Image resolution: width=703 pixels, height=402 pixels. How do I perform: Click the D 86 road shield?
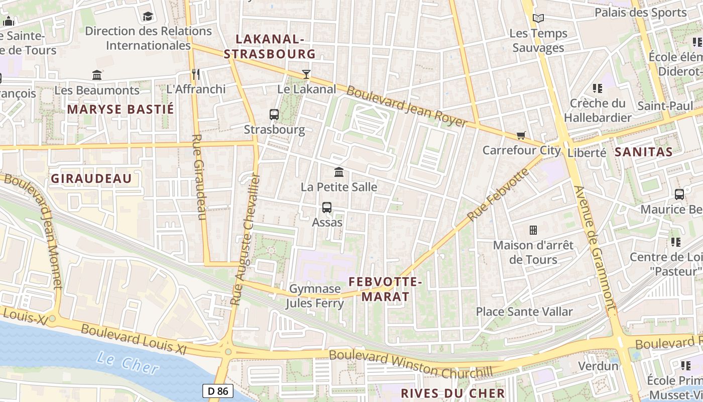click(218, 390)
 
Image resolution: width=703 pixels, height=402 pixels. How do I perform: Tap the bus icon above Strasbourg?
click(274, 115)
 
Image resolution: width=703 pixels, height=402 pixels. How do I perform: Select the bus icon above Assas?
click(327, 207)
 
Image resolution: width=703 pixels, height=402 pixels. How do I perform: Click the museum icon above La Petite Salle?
click(339, 172)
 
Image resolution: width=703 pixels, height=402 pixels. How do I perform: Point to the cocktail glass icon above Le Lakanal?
click(306, 74)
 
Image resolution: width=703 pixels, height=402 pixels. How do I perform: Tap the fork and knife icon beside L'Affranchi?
click(196, 74)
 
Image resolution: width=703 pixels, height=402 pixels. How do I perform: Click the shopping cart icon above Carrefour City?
click(521, 135)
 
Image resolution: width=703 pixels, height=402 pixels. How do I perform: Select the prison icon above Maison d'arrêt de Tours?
click(533, 230)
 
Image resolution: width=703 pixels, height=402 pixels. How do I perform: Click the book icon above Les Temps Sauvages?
click(538, 19)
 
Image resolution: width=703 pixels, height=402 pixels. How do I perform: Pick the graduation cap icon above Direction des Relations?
click(148, 17)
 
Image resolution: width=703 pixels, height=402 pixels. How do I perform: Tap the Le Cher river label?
click(128, 363)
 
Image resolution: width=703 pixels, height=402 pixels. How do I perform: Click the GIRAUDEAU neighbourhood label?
click(91, 178)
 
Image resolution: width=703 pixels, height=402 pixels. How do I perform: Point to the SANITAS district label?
click(643, 152)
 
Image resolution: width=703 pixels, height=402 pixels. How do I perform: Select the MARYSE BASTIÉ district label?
click(121, 109)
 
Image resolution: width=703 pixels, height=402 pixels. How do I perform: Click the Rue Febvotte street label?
click(498, 195)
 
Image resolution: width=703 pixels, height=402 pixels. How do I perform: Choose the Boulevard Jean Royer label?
click(407, 107)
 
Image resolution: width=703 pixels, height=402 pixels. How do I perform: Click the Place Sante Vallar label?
click(524, 312)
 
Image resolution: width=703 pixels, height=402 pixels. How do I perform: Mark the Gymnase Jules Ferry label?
click(315, 296)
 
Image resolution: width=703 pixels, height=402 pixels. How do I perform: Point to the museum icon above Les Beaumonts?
click(97, 75)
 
